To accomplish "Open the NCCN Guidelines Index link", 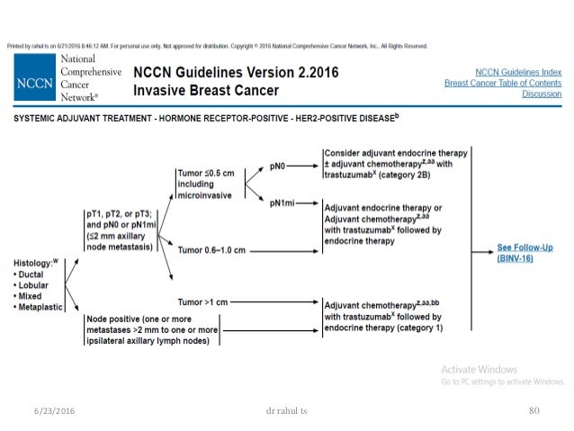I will (x=517, y=71).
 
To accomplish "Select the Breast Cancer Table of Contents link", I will (x=503, y=83).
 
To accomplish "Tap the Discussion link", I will (x=543, y=94).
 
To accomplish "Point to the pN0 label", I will (x=280, y=166).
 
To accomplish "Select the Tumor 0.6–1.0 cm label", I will (x=211, y=250).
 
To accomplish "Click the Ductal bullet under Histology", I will (x=33, y=273).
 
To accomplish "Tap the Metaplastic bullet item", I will (x=41, y=308).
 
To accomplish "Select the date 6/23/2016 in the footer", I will (x=46, y=410).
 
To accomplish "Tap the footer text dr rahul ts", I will (x=282, y=410).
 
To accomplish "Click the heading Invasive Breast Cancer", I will (x=206, y=91).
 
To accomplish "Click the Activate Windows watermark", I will (x=479, y=370).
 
